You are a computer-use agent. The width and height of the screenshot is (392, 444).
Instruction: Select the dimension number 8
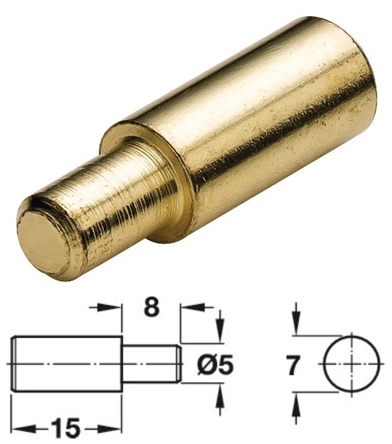coord(150,307)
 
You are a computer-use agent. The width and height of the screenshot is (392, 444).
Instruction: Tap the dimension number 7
coord(294,365)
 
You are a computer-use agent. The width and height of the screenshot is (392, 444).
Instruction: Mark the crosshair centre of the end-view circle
coord(352,364)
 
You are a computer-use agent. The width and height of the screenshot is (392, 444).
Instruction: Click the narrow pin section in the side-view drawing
coord(149,364)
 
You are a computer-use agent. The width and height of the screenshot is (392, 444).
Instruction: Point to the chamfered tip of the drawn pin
coord(180,364)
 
